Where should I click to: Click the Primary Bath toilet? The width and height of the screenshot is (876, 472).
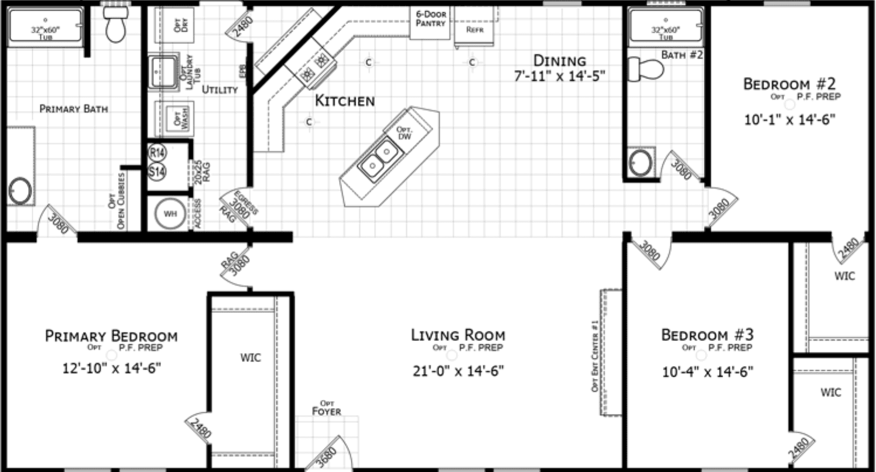(x=115, y=25)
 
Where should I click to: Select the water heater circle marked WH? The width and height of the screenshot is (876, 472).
(x=170, y=214)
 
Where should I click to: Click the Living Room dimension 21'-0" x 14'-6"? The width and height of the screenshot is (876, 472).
(x=458, y=370)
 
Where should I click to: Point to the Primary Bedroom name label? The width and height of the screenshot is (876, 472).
(x=111, y=336)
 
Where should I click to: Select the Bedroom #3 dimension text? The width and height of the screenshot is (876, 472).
(x=708, y=371)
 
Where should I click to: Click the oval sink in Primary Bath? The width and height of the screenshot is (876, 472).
(x=20, y=190)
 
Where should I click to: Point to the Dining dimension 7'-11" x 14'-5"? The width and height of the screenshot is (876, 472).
(x=559, y=75)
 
